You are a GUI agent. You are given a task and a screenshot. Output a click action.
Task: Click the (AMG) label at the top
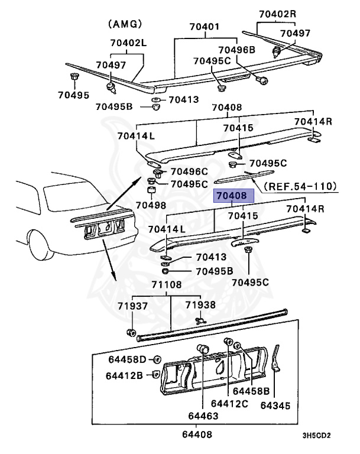pos(125,24)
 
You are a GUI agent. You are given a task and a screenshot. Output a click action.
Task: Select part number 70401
pos(204,27)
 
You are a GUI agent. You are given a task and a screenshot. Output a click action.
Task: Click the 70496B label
pos(236,50)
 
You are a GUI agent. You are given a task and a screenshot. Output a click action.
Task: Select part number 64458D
pos(128,359)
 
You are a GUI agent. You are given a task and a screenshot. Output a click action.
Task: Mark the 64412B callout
pos(125,375)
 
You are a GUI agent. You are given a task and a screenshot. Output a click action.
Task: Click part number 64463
pos(203,416)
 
